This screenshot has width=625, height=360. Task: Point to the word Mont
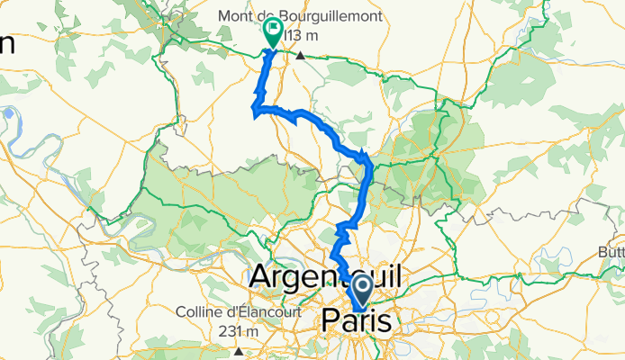pyautogui.click(x=238, y=15)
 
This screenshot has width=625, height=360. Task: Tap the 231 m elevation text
pyautogui.click(x=239, y=331)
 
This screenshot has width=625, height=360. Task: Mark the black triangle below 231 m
pyautogui.click(x=239, y=352)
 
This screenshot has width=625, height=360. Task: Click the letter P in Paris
pyautogui.click(x=331, y=321)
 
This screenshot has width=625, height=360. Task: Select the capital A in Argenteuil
pyautogui.click(x=264, y=275)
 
